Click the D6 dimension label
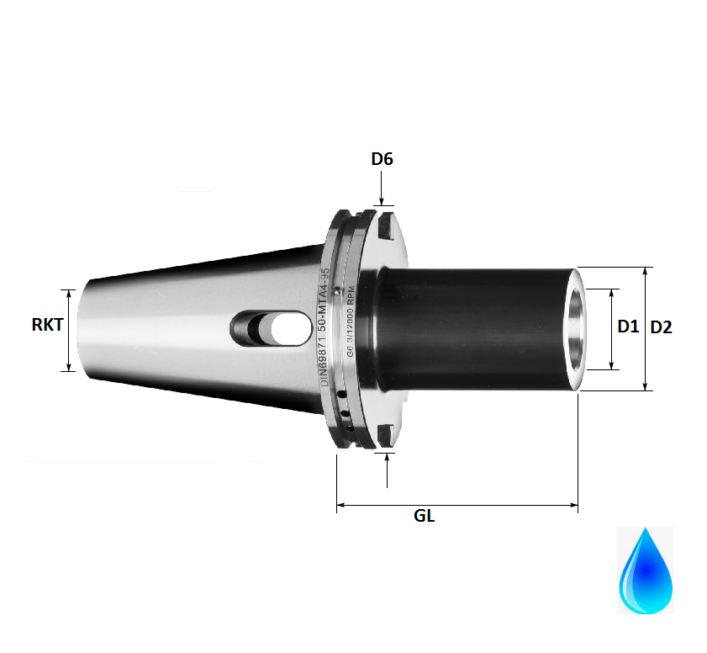coord(383,158)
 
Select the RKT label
coord(48,324)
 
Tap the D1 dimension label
coord(628,326)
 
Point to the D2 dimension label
coord(662,327)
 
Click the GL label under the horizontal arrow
coord(425,516)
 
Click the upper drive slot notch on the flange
coord(384,226)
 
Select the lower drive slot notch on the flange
coord(384,436)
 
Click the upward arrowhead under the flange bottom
coord(387,458)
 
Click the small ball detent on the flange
coord(335,290)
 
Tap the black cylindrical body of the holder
coord(471,328)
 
